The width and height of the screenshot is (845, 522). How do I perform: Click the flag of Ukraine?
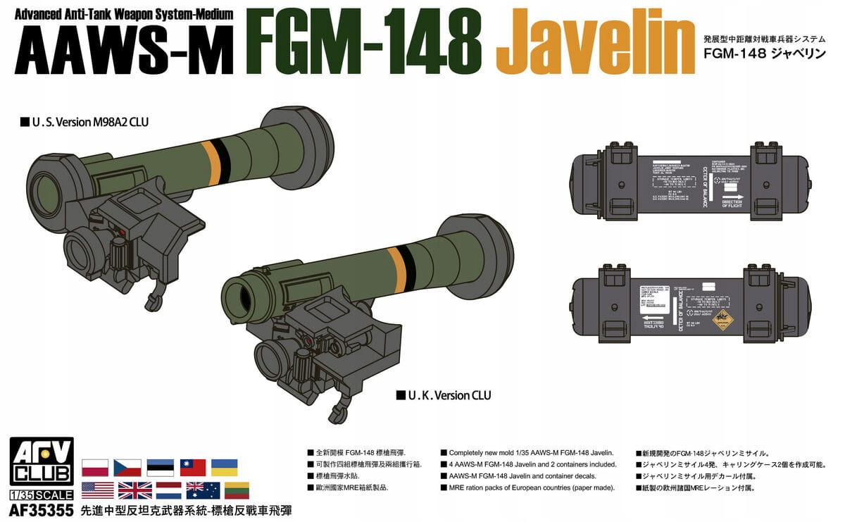[x=224, y=468]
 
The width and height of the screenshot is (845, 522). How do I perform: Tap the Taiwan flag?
[x=192, y=468]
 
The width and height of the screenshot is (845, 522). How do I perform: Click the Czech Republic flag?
[x=127, y=468]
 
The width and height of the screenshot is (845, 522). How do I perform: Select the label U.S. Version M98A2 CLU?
[x=84, y=122]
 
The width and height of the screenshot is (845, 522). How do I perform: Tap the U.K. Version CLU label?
[x=444, y=395]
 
